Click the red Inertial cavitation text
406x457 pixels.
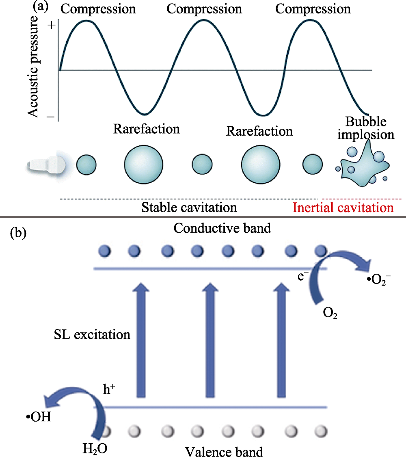coord(343,208)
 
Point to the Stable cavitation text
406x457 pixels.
coord(189,208)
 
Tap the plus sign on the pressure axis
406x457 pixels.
coord(51,25)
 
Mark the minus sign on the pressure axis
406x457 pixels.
coord(51,117)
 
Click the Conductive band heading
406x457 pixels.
coord(222,228)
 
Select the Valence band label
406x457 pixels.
coord(224,451)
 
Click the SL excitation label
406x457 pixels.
coord(92,334)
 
